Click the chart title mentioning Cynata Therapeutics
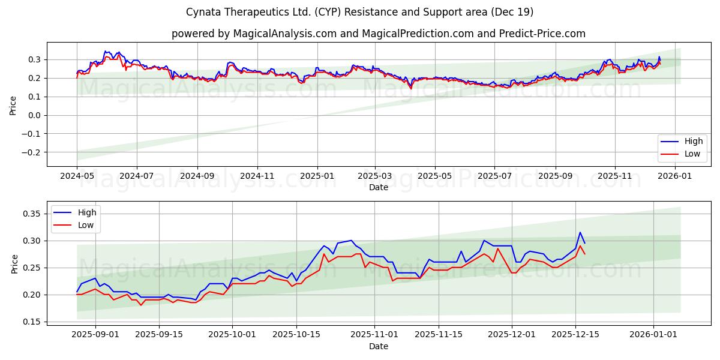pos(360,12)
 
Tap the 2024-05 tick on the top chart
pos(77,176)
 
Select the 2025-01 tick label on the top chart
pos(317,176)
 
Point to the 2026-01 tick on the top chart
pos(675,176)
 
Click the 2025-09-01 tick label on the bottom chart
pos(88,334)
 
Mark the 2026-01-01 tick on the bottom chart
pos(655,334)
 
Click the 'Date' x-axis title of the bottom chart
pos(378,346)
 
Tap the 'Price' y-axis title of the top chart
pos(13,105)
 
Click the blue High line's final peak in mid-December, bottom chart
pos(580,233)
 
